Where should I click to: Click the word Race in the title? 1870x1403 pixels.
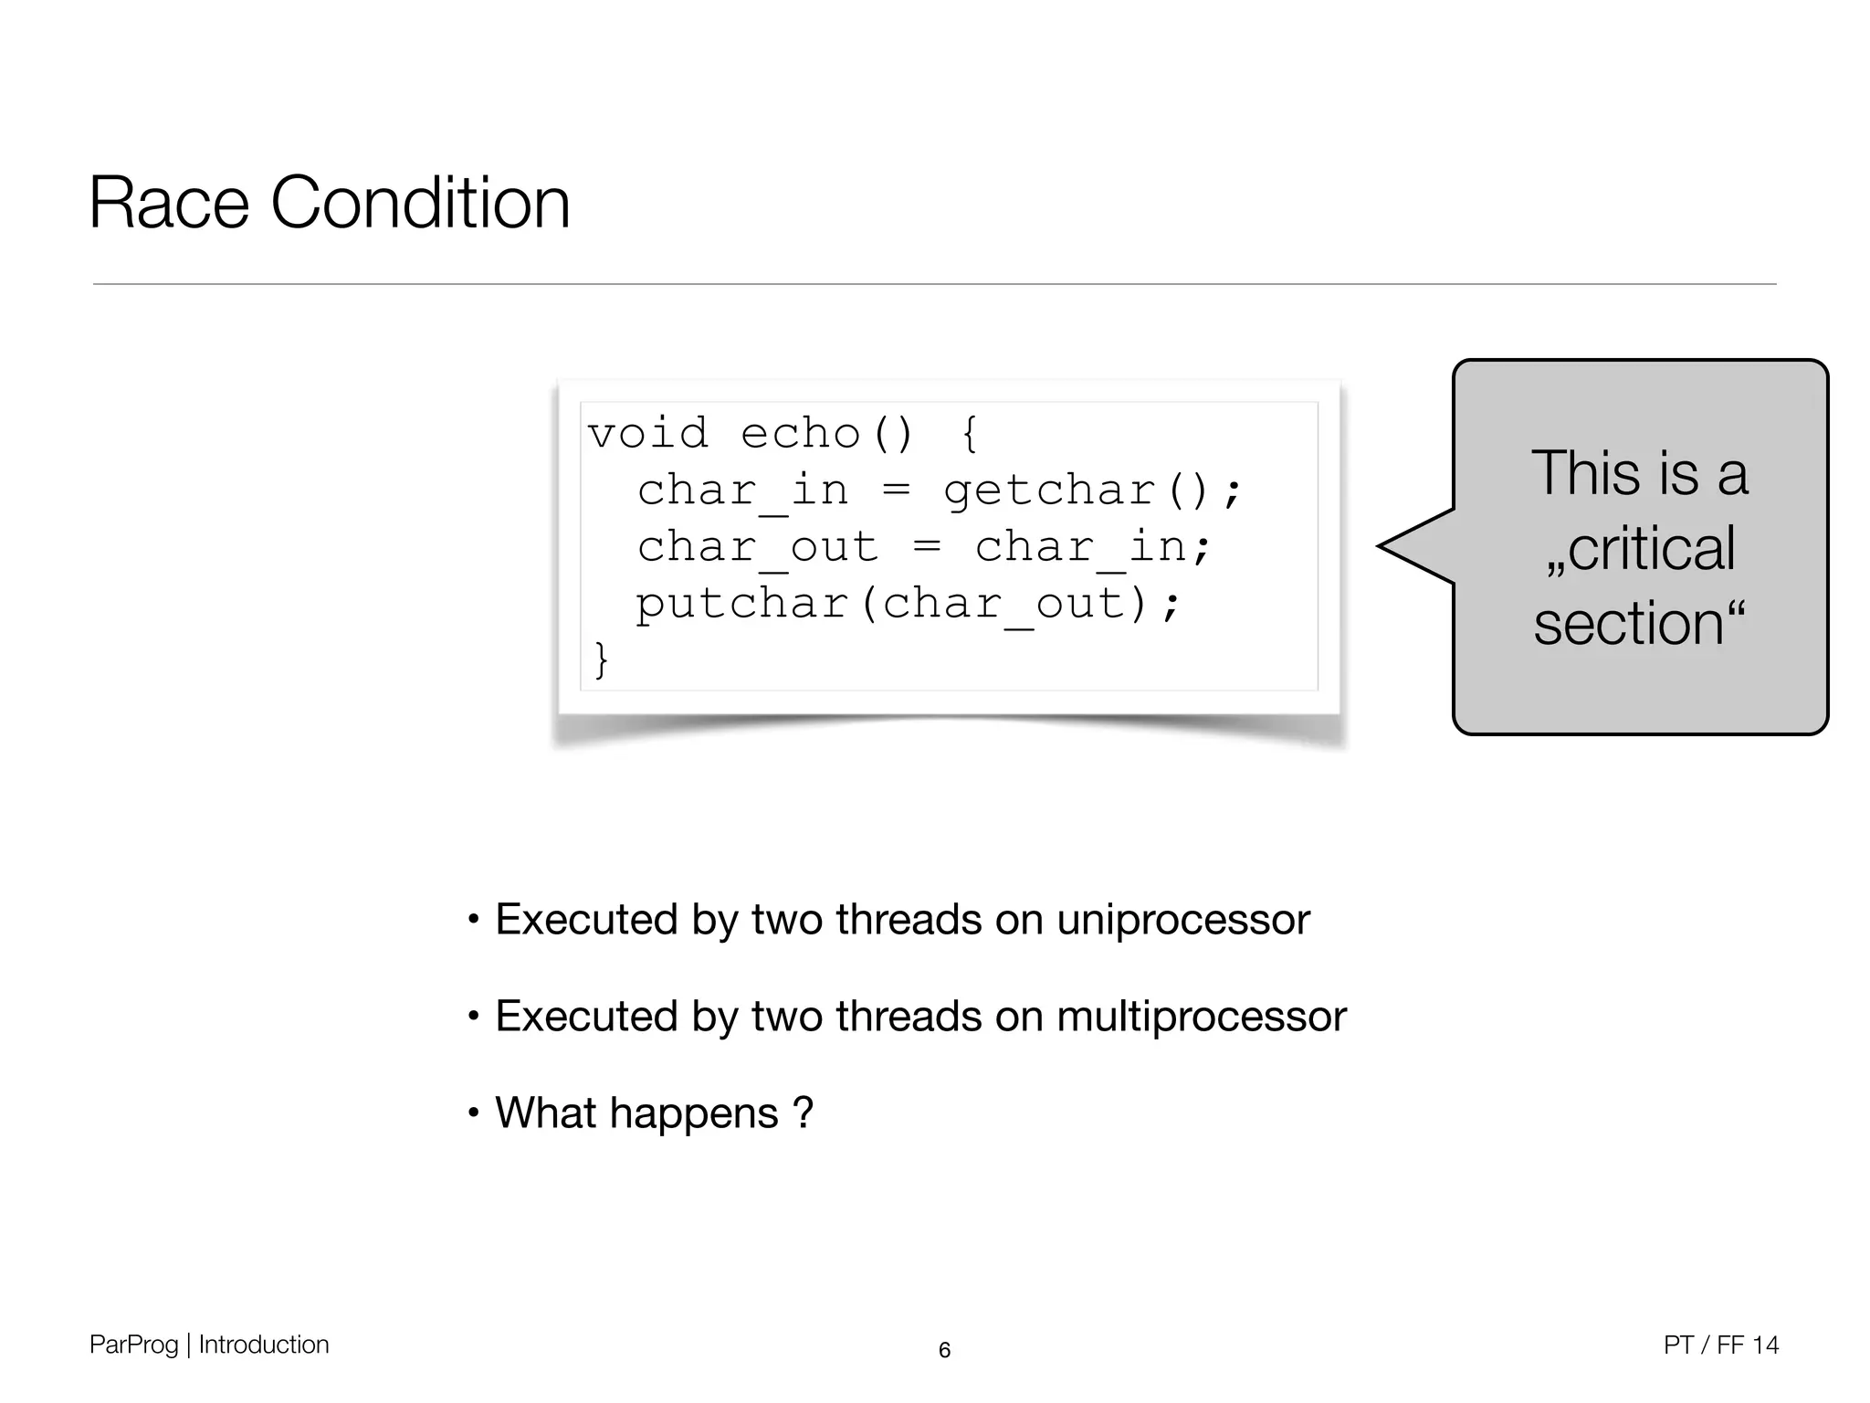click(x=169, y=203)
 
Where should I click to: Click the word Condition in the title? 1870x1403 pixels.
click(x=420, y=203)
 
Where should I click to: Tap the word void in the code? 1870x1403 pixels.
click(x=647, y=433)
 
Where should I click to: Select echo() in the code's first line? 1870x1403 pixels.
click(x=826, y=433)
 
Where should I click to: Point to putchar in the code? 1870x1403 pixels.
click(x=742, y=604)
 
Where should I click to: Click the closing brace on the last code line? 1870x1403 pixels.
click(x=600, y=659)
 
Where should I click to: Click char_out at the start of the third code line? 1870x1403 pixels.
click(x=757, y=547)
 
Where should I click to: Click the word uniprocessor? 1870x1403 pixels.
click(x=1182, y=920)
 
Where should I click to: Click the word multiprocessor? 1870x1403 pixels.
click(x=1201, y=1017)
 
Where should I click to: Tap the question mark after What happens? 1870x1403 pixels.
click(x=803, y=1113)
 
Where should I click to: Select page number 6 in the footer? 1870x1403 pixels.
click(x=944, y=1350)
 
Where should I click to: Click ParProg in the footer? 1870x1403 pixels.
click(x=133, y=1345)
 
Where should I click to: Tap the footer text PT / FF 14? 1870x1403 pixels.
click(x=1720, y=1345)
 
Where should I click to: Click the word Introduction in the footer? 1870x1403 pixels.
click(x=263, y=1345)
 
